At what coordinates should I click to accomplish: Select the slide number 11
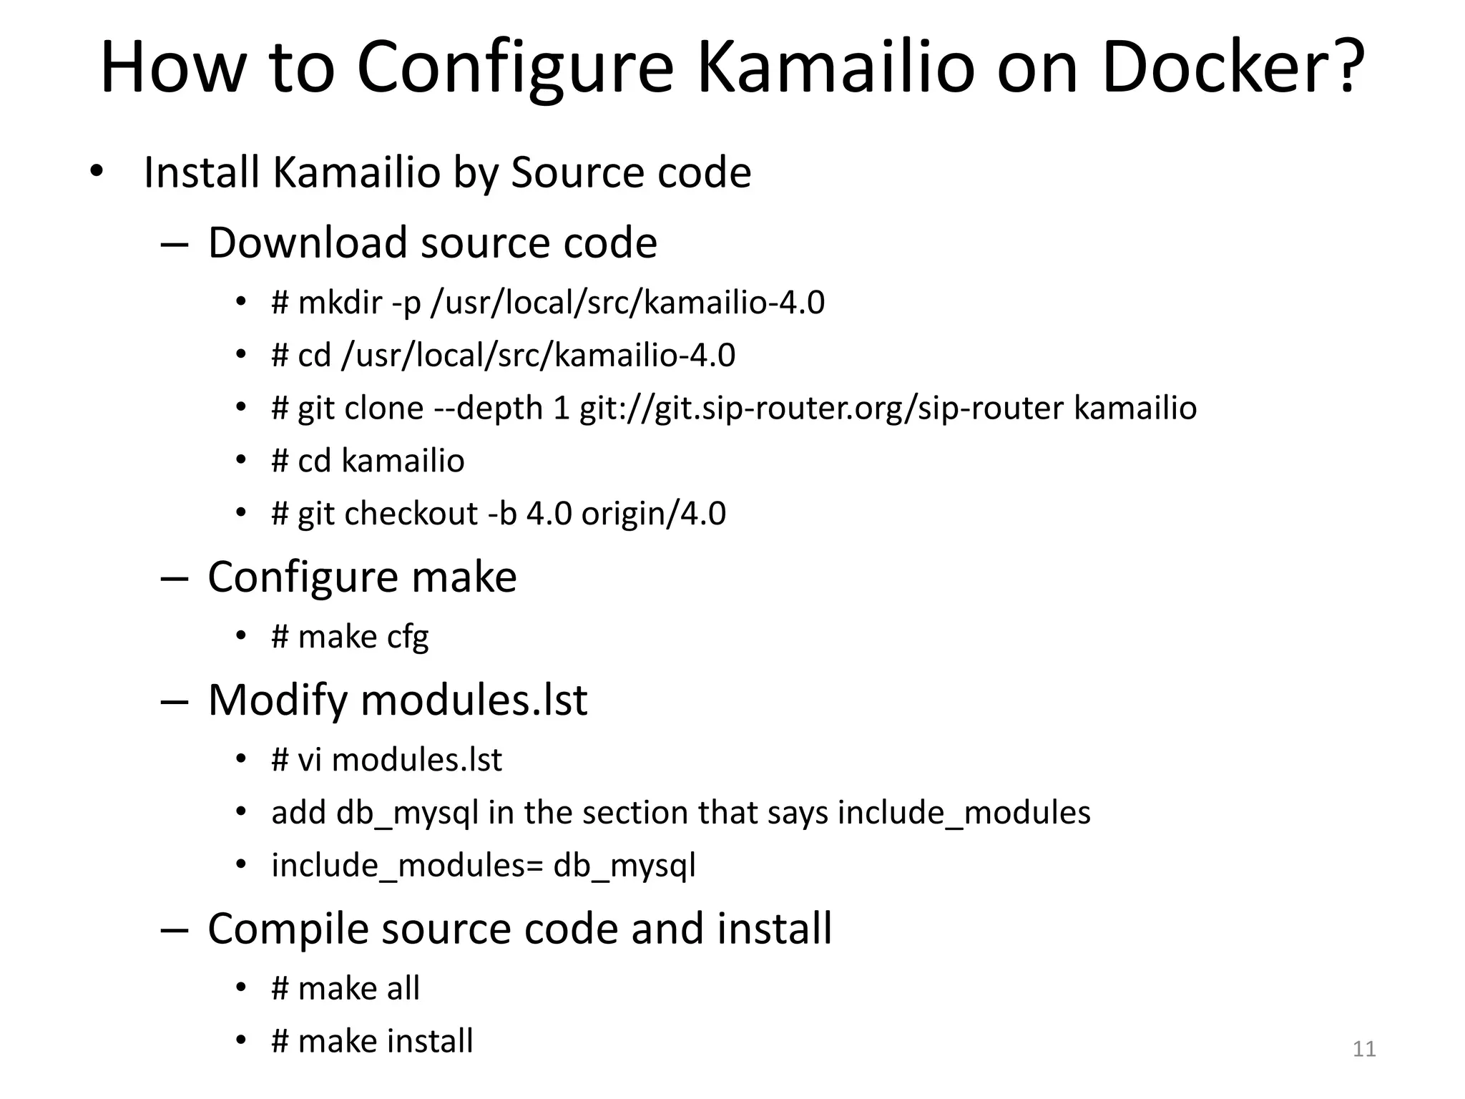[x=1364, y=1049]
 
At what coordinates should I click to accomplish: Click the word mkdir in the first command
[x=340, y=302]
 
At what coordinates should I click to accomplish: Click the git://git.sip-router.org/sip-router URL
[x=822, y=408]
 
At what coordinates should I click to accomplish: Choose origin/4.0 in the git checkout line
[x=653, y=514]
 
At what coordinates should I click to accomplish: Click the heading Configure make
[x=362, y=577]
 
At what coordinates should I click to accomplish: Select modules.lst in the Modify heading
[x=474, y=700]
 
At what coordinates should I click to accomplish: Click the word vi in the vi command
[x=309, y=760]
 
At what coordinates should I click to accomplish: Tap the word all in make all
[x=403, y=989]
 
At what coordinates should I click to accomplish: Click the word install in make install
[x=429, y=1042]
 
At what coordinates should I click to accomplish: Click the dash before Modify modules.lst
[x=174, y=701]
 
